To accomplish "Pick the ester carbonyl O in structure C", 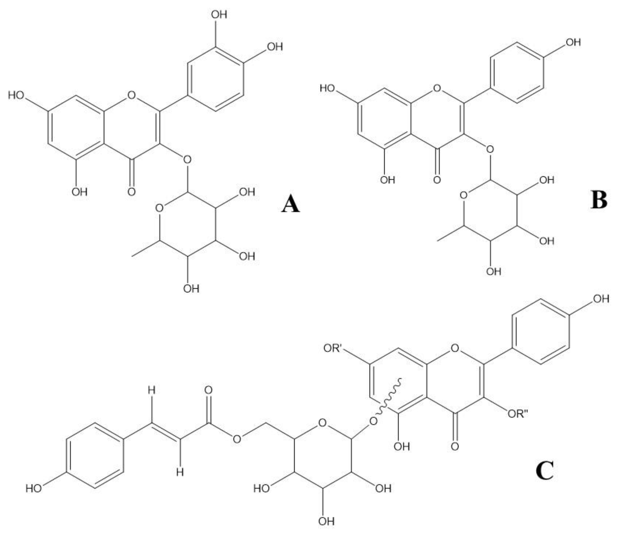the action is point(209,390).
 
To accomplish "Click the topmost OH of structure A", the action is point(219,15).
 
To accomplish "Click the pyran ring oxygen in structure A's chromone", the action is point(131,95).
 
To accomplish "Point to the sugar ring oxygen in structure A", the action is point(159,208).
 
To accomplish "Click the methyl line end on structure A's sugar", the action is point(133,256).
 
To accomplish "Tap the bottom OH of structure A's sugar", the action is point(191,289).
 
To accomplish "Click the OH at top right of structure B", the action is point(573,43).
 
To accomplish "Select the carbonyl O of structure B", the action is point(437,180).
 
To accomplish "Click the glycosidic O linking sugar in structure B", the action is point(490,149).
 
